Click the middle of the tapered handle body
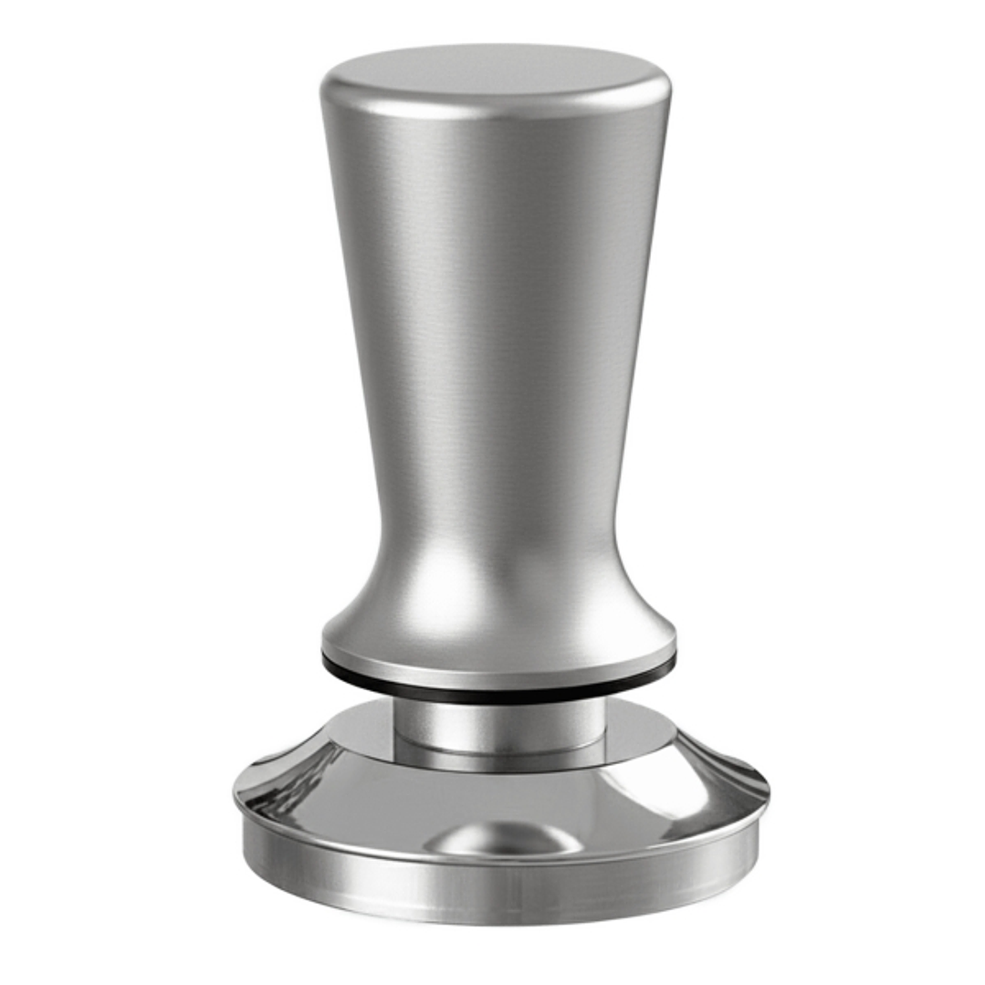496,365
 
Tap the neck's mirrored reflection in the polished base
499,758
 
